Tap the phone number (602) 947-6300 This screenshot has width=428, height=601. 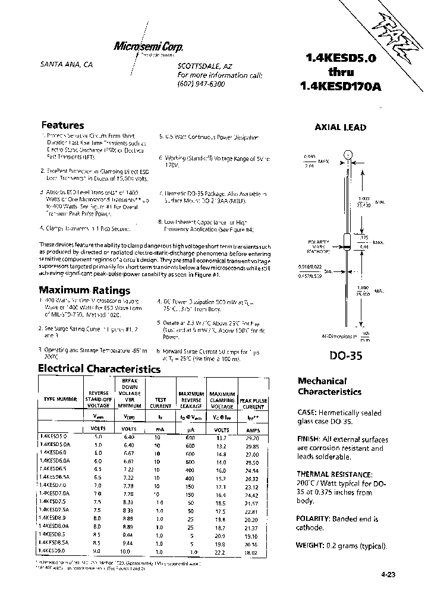point(202,84)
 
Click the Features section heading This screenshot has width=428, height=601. point(62,125)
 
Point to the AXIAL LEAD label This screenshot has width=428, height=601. point(339,127)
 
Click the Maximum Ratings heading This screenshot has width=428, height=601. point(84,290)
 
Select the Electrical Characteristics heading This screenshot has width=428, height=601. point(99,368)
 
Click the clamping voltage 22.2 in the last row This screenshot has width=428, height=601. point(222,552)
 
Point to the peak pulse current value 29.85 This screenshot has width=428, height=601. point(253,444)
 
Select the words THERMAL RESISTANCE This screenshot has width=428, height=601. point(335,475)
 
